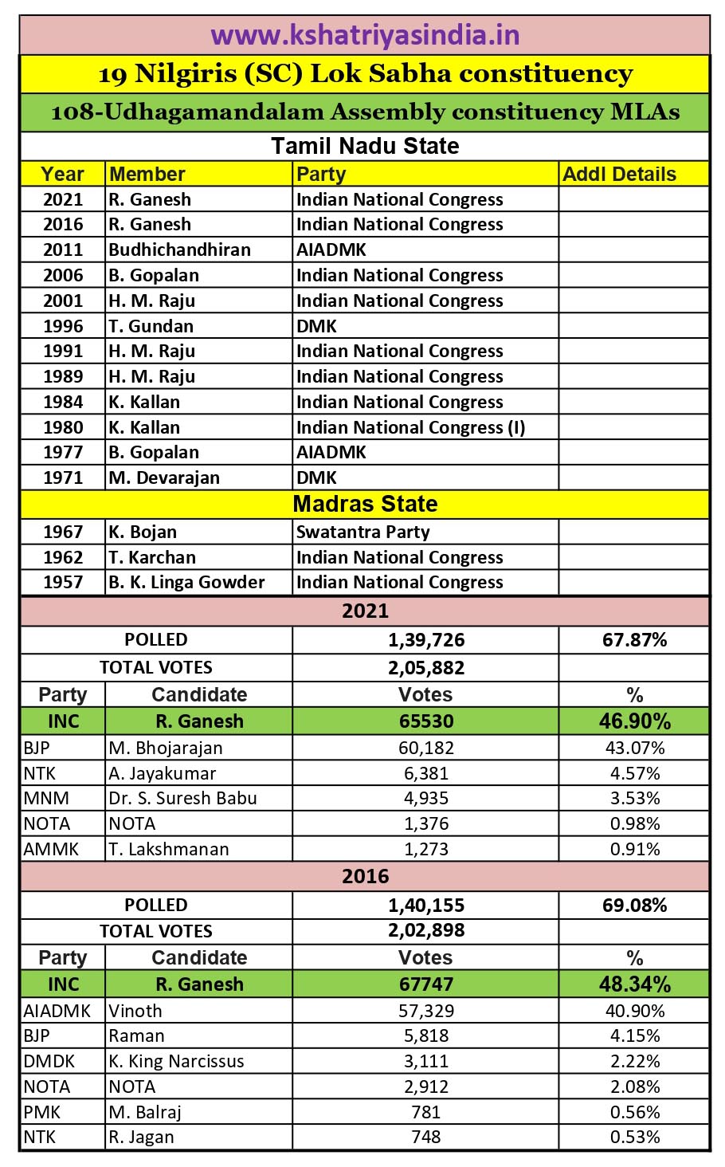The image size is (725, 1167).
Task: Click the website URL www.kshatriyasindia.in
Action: (365, 36)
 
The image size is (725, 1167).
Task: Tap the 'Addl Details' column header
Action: (619, 175)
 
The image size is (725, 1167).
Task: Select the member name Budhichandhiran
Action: (179, 250)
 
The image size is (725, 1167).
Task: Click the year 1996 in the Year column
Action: (63, 326)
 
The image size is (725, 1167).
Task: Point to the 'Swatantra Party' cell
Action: (362, 532)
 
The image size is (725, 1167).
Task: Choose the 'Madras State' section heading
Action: (365, 504)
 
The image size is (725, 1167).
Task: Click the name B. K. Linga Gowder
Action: (186, 582)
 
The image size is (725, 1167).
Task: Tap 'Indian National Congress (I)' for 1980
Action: (410, 427)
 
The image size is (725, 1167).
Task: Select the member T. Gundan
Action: (151, 326)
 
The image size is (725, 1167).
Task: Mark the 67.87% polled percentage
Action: (634, 640)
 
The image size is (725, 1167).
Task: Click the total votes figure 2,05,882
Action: (426, 668)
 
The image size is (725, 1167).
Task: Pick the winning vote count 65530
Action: (426, 721)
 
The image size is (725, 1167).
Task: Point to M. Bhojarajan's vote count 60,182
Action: (426, 748)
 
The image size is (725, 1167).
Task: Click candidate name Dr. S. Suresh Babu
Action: (182, 798)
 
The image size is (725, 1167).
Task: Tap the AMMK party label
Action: (51, 849)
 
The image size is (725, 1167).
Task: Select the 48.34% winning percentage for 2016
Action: (634, 984)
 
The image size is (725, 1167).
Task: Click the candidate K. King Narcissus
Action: (176, 1061)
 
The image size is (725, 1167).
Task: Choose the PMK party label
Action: (41, 1112)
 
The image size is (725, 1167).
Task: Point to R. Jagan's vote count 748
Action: (426, 1138)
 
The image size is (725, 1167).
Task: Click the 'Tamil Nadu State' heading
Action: (365, 146)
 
